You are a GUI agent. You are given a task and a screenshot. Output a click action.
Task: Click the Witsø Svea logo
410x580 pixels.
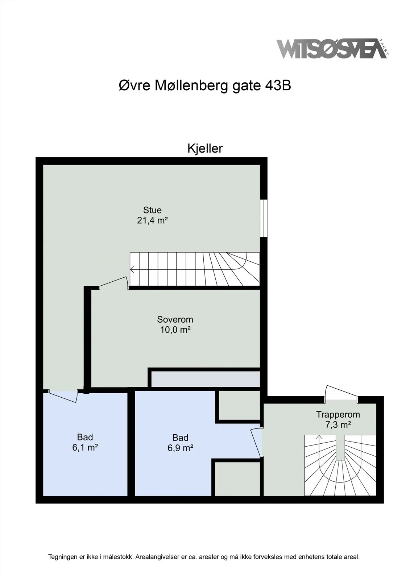332,49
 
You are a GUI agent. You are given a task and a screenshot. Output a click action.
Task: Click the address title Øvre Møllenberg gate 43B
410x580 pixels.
205,86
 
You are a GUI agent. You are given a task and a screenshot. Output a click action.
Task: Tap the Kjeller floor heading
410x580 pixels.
205,148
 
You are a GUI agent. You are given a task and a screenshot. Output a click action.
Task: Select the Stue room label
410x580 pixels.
152,210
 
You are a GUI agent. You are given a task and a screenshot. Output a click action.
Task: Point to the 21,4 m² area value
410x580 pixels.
152,220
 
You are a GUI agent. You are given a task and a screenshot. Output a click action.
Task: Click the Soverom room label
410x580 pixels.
175,319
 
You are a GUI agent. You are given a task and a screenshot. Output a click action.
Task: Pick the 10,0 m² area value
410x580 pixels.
175,330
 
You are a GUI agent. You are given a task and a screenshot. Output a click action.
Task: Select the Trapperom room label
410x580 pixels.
338,414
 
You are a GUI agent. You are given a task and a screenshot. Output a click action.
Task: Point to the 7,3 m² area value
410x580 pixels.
338,425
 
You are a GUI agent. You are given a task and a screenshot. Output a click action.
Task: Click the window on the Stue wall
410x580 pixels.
264,218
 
